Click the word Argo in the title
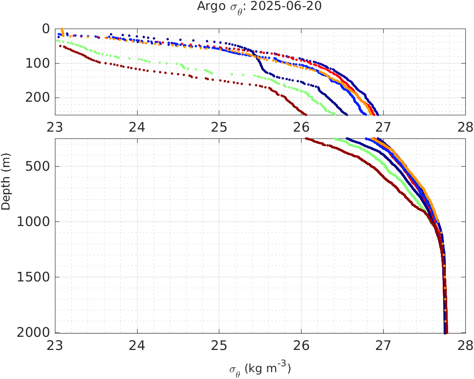tap(208, 7)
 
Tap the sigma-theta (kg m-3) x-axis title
tap(260, 368)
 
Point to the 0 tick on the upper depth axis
tap(46, 29)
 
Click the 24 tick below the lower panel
tap(137, 345)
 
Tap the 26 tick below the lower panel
tap(301, 345)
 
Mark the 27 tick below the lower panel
tap(383, 345)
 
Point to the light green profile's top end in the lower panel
tap(335, 139)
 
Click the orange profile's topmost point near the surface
tap(62, 29)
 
